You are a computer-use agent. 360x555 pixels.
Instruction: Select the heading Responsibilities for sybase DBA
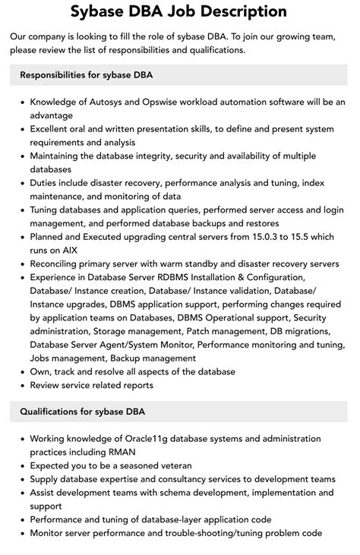(x=87, y=75)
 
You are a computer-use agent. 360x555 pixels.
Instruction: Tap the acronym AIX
(x=71, y=251)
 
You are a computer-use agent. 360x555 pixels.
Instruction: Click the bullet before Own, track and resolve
(x=23, y=372)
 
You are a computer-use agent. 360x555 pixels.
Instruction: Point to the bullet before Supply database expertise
(x=23, y=479)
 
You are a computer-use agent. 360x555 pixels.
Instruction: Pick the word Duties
(x=46, y=183)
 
